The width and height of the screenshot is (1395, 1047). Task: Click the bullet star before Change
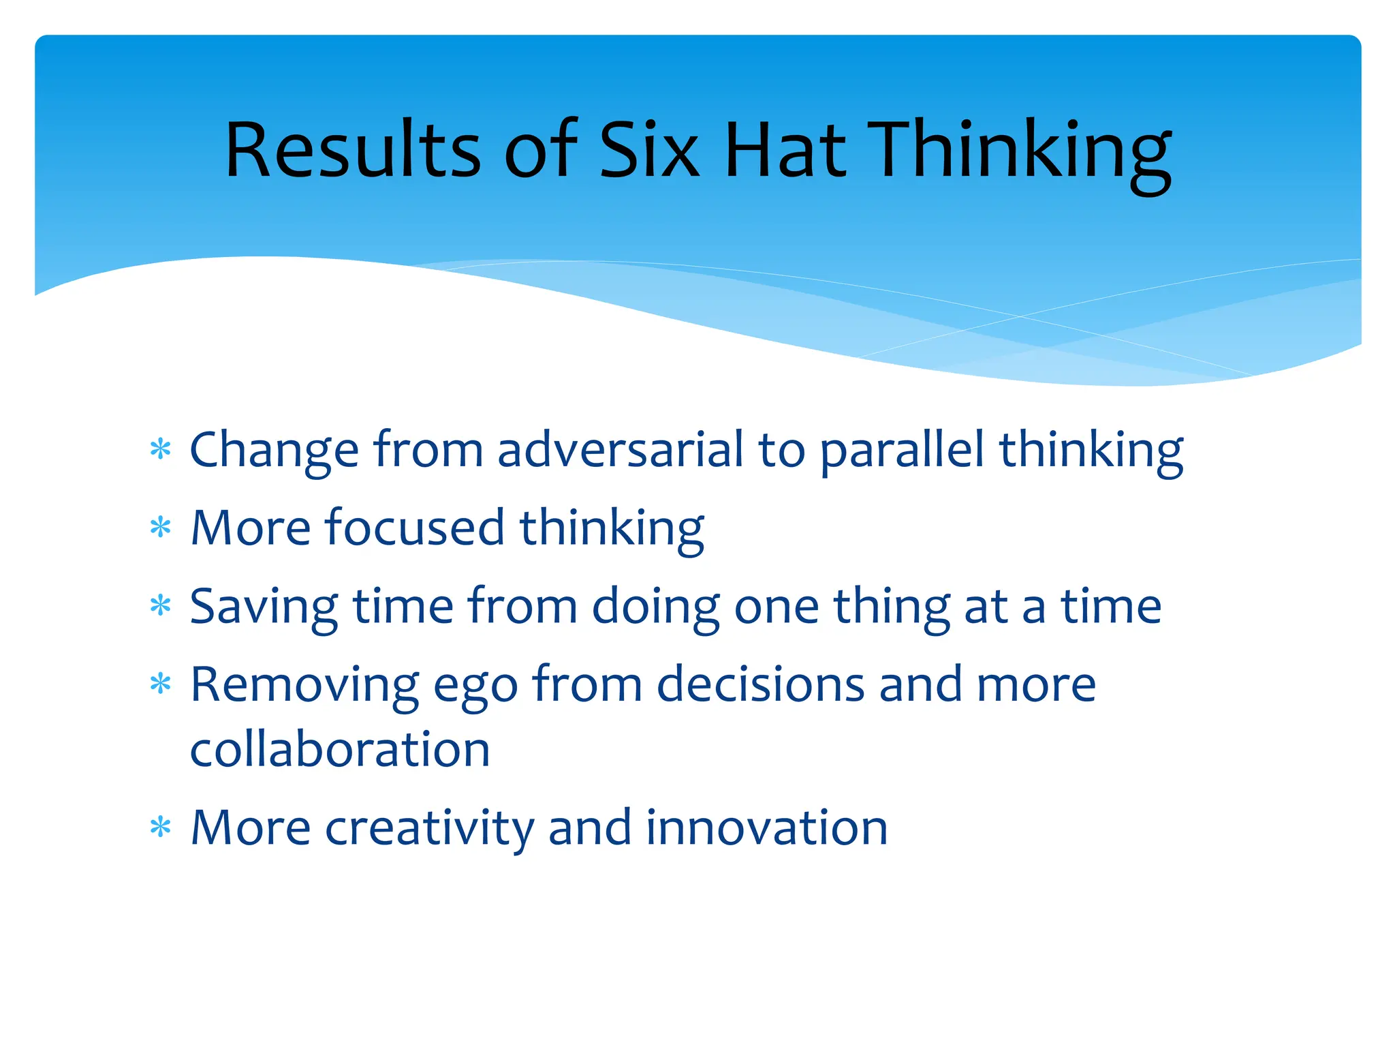pos(160,450)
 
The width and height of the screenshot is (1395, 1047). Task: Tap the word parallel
pos(902,451)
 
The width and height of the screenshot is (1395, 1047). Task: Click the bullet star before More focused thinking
pos(160,528)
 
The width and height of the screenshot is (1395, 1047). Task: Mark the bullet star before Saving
pos(160,605)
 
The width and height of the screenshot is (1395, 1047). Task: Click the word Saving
pos(264,607)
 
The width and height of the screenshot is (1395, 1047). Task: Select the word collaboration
pos(340,750)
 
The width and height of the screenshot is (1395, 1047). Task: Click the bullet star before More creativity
pos(160,828)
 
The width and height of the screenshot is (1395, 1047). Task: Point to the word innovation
pos(766,828)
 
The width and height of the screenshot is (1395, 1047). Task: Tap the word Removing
pos(304,684)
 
